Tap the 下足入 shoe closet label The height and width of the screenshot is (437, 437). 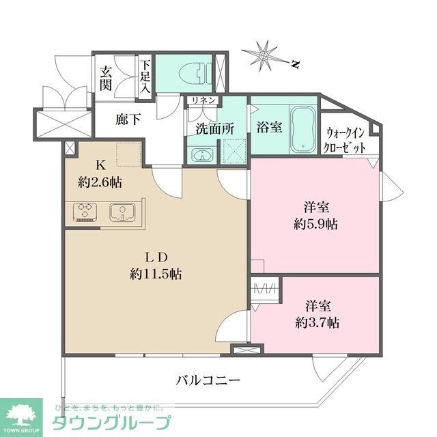coord(145,77)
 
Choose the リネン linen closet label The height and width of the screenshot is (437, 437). coord(203,100)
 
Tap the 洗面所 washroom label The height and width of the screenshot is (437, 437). coord(215,128)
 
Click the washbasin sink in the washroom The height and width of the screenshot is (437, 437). coord(200,154)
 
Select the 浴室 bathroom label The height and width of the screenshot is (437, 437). coord(268,127)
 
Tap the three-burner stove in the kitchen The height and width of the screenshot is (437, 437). coord(86,212)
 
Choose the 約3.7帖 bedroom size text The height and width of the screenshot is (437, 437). coord(317,322)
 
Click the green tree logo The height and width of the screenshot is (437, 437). coord(20,412)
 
